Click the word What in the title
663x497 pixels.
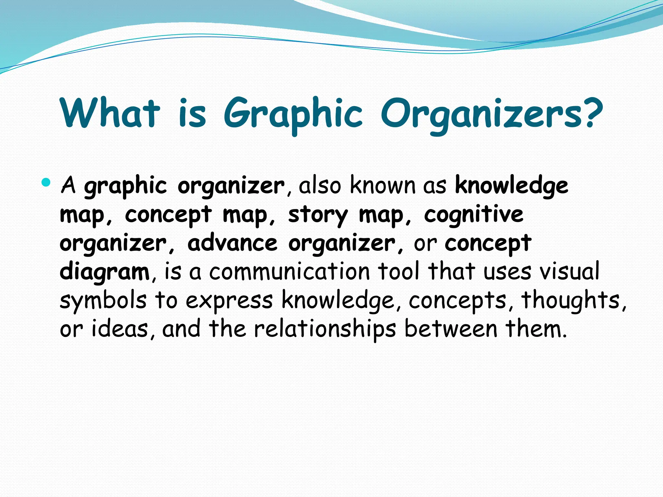[x=110, y=113]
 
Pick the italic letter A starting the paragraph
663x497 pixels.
[x=68, y=185]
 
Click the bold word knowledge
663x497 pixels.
[x=511, y=186]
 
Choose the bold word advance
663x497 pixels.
[x=232, y=243]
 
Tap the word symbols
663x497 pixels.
[x=103, y=301]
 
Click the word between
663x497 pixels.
[x=451, y=329]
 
